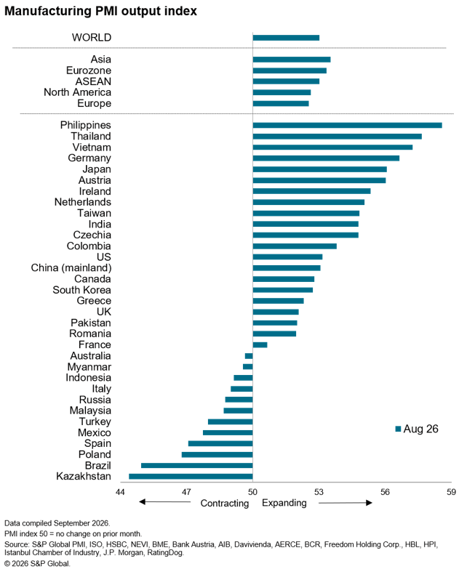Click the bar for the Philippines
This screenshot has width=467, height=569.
click(348, 125)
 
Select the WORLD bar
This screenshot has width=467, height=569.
click(286, 38)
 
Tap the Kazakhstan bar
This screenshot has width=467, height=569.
click(191, 477)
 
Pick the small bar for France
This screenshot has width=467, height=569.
click(260, 344)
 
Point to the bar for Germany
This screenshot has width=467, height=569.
click(326, 158)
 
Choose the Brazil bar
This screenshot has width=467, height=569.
click(197, 466)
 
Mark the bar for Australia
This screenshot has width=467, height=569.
click(249, 356)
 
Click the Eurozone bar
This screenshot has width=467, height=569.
click(290, 70)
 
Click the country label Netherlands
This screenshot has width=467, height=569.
click(83, 202)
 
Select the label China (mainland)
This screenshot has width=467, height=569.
click(71, 268)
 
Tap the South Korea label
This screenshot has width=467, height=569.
click(81, 290)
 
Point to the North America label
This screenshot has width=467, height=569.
click(77, 92)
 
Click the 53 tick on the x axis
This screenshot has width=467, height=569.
click(319, 492)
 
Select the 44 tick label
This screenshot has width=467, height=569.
click(120, 492)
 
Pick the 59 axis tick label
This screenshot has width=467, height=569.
click(451, 492)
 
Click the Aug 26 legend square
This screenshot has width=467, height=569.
click(398, 429)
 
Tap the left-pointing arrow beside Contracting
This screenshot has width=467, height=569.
click(165, 502)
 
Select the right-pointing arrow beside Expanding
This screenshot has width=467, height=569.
click(346, 503)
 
